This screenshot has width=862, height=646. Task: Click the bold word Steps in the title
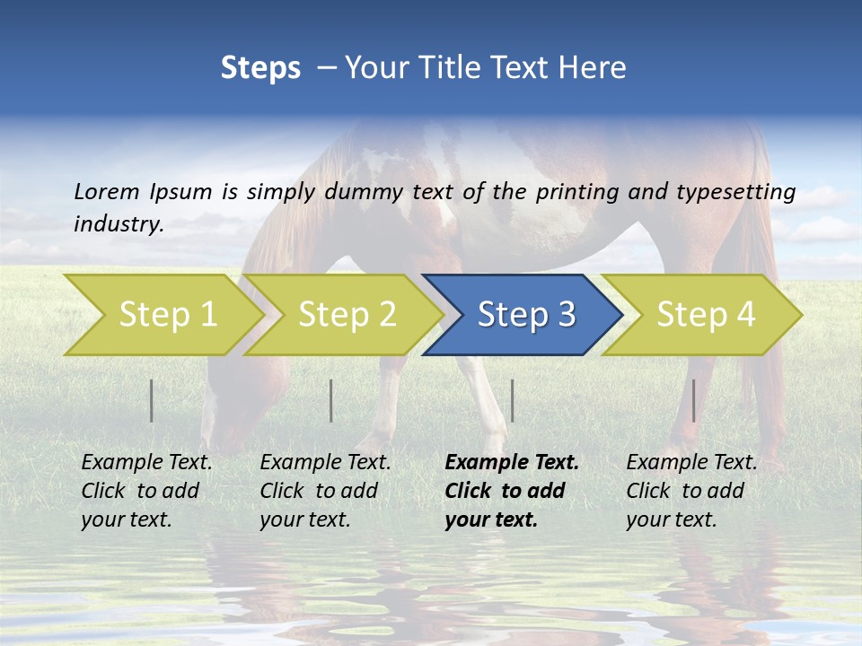click(260, 68)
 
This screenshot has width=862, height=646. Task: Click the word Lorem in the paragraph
click(106, 191)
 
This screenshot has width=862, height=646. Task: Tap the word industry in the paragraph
click(119, 224)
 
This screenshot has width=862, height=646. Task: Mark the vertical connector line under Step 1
click(151, 400)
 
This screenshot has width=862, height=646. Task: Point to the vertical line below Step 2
click(331, 400)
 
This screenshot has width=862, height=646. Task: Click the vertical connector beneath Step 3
click(512, 400)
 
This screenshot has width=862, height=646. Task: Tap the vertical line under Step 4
click(693, 400)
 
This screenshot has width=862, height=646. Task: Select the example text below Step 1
click(146, 491)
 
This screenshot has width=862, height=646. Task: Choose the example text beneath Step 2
click(325, 491)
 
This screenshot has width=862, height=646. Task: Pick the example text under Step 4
click(691, 491)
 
